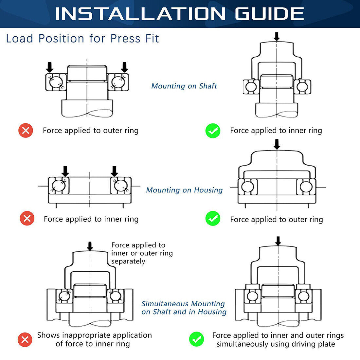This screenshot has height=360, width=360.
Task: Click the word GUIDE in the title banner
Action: click(x=269, y=14)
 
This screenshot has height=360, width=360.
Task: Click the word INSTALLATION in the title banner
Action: click(x=140, y=14)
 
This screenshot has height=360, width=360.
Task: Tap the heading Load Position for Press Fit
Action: click(x=82, y=39)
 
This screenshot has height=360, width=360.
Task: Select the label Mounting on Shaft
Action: click(x=184, y=86)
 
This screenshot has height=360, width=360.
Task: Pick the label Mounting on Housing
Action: click(x=184, y=190)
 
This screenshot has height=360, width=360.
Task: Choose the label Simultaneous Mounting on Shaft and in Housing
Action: click(x=184, y=308)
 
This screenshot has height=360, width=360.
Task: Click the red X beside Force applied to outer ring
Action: click(x=26, y=131)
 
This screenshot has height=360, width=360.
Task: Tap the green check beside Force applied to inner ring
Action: click(x=213, y=131)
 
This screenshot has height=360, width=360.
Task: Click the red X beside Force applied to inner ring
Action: click(x=27, y=218)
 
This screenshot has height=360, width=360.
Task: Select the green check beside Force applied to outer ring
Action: click(x=213, y=218)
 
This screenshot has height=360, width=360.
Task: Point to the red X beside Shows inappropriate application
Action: click(x=25, y=340)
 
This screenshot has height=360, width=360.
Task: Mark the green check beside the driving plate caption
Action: click(x=196, y=339)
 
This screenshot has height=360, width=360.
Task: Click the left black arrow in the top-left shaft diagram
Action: click(x=49, y=67)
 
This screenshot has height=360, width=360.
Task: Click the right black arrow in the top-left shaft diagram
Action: click(x=124, y=67)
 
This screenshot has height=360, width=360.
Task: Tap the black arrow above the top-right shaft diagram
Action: click(x=277, y=36)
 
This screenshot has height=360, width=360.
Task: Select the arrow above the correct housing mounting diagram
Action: click(x=277, y=144)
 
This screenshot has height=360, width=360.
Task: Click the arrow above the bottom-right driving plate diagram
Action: click(x=278, y=241)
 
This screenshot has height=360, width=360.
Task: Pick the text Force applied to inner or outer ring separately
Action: click(x=142, y=253)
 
